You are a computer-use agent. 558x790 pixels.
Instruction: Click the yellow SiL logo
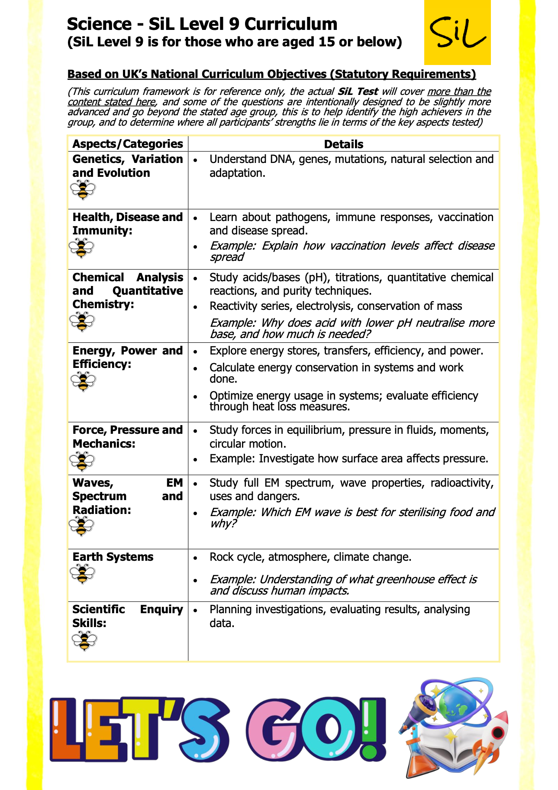pyautogui.click(x=457, y=33)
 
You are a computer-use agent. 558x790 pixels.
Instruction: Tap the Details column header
pyautogui.click(x=343, y=144)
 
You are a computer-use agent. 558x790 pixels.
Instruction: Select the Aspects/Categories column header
pyautogui.click(x=128, y=144)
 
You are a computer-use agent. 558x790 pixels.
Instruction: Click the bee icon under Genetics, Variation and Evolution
pyautogui.click(x=82, y=190)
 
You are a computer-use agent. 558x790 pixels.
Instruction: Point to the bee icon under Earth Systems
pyautogui.click(x=82, y=574)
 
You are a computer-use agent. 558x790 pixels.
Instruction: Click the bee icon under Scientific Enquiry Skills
pyautogui.click(x=84, y=640)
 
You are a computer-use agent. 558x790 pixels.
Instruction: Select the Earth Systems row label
pyautogui.click(x=113, y=557)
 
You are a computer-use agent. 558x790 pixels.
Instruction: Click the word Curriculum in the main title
pyautogui.click(x=290, y=24)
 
